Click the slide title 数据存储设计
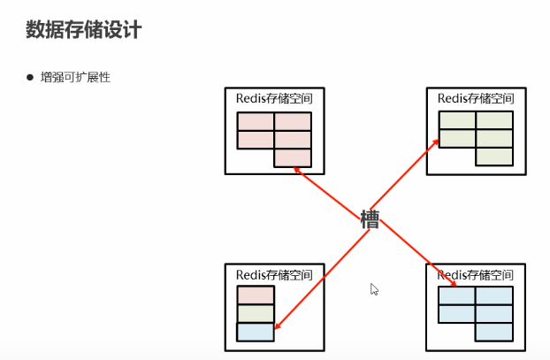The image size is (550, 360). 84,30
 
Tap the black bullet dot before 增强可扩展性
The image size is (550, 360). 29,78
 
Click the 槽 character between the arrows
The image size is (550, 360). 370,219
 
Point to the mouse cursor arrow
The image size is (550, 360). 374,288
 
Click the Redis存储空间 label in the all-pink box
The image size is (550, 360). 274,98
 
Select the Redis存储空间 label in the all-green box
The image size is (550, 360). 476,98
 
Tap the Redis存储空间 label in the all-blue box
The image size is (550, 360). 476,274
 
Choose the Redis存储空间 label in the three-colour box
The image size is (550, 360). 274,274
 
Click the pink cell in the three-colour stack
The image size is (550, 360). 256,295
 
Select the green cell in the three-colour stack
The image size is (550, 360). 256,314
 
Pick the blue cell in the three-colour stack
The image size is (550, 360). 256,332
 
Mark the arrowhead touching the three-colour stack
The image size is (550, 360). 276,328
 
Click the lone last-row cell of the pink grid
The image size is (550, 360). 293,157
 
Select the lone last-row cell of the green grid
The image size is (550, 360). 494,157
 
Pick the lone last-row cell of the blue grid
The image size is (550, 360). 494,332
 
